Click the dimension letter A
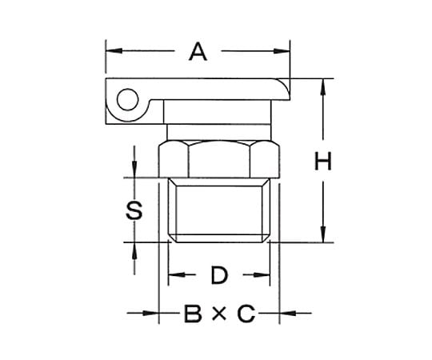click(198, 51)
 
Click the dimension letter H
click(323, 161)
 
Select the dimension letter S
click(134, 210)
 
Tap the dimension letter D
click(219, 275)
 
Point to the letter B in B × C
click(193, 313)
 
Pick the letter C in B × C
click(246, 313)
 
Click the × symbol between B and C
click(219, 314)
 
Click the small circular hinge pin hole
click(127, 99)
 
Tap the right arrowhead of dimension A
click(282, 51)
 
